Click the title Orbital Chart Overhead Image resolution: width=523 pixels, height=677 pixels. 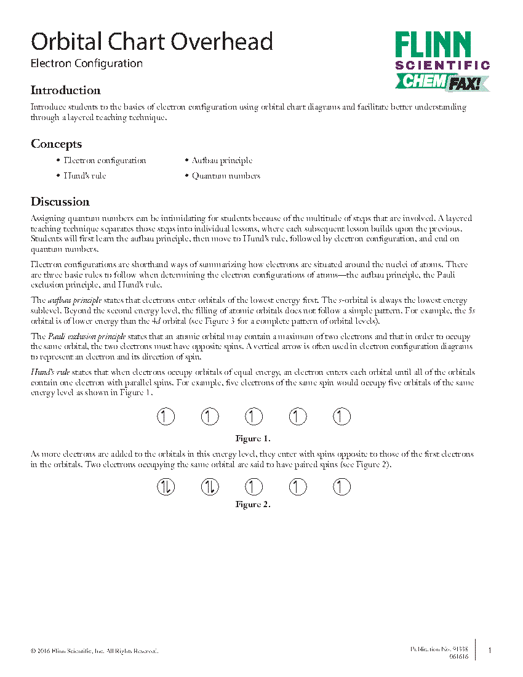tap(152, 42)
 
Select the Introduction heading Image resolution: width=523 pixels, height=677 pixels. tap(66, 90)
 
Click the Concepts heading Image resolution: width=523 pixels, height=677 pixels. tap(57, 144)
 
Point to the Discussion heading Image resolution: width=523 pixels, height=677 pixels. tap(60, 202)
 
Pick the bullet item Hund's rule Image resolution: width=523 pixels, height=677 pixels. tap(85, 176)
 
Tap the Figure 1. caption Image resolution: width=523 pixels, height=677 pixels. tap(253, 439)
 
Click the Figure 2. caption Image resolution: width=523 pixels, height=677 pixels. tap(253, 505)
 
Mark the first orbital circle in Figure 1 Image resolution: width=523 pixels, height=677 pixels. tap(166, 417)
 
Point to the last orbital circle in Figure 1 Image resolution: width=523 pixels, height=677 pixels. tap(341, 417)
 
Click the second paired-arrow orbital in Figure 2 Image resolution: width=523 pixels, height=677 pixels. tap(210, 487)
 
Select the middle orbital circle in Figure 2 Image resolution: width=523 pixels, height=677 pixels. tap(254, 487)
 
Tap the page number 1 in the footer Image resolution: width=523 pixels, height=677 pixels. tap(490, 651)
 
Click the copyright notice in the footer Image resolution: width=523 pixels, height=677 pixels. tap(94, 651)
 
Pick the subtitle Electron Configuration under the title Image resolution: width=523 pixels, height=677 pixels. tap(87, 63)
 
